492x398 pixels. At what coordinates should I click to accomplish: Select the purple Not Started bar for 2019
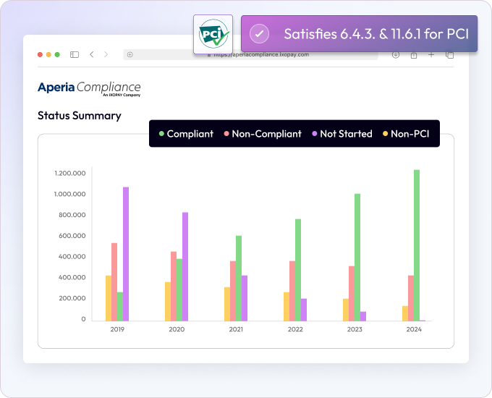[x=126, y=253]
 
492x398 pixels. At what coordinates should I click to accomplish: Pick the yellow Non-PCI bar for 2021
[x=227, y=303]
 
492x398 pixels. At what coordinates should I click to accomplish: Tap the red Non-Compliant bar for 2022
[x=292, y=290]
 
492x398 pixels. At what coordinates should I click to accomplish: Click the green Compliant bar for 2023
[x=357, y=256]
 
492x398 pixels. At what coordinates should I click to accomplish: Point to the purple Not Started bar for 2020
[x=185, y=266]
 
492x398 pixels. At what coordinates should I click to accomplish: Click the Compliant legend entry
[x=186, y=134]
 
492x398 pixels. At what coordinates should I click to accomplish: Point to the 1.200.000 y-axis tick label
[x=70, y=173]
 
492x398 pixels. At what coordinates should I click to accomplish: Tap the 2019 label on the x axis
[x=117, y=329]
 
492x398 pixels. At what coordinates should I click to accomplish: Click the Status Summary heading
[x=80, y=115]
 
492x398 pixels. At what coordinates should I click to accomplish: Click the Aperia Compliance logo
[x=89, y=88]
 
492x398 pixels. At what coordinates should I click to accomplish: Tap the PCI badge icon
[x=213, y=34]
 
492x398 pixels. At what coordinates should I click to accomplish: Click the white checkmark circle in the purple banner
[x=259, y=34]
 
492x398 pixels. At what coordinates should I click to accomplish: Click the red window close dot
[x=40, y=54]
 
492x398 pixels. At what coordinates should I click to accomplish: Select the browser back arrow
[x=92, y=54]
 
